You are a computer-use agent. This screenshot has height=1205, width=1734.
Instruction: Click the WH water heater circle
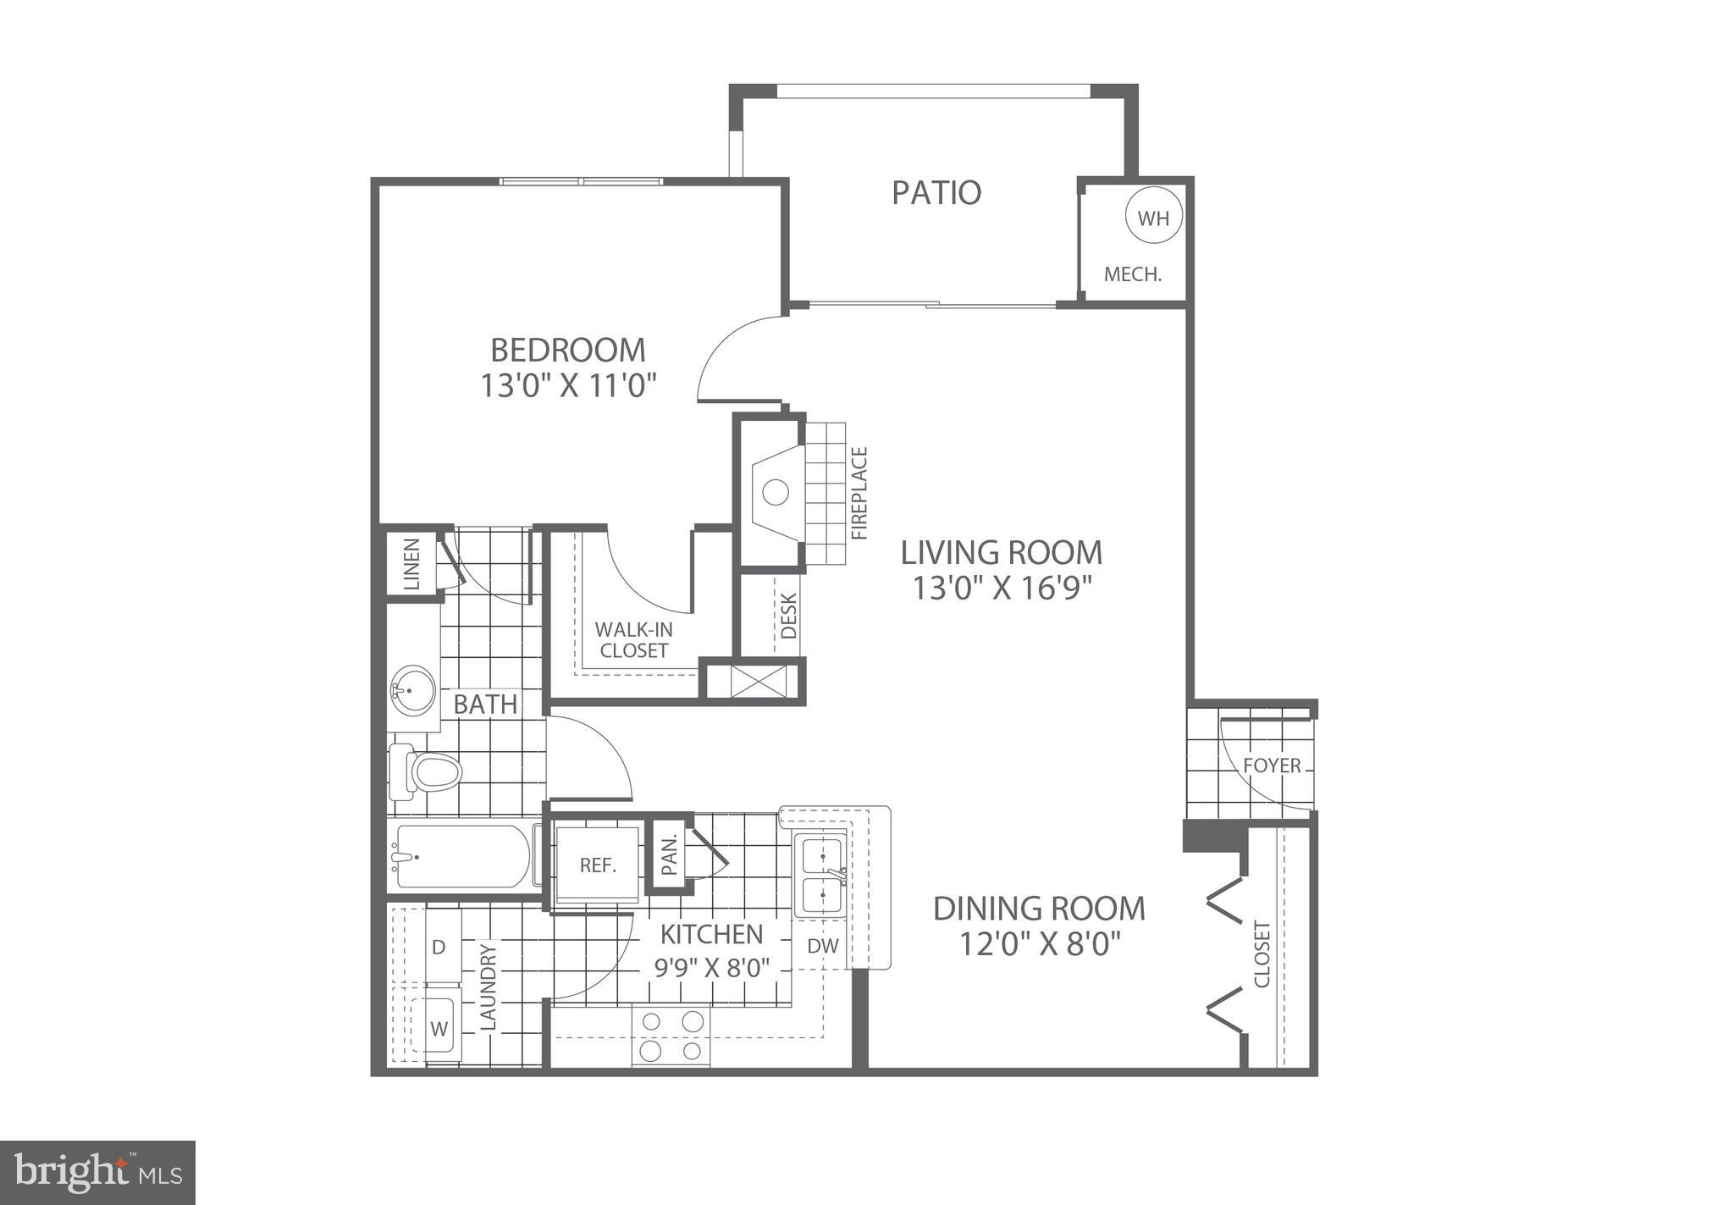pos(1152,218)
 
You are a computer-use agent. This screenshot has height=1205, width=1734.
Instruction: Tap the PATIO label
pos(936,193)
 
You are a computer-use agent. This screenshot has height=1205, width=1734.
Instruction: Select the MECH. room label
pos(1132,274)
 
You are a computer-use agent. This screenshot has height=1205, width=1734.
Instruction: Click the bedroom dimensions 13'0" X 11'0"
pos(569,386)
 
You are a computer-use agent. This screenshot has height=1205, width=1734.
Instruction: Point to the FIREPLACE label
pos(859,494)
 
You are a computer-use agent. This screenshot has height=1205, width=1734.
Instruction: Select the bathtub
pos(461,856)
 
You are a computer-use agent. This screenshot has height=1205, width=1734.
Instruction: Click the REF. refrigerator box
pos(597,865)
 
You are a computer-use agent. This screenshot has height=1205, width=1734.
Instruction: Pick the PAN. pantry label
pos(669,855)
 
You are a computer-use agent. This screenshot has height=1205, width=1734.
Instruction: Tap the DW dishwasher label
pos(822,946)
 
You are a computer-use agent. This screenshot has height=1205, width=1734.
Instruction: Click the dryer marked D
pos(439,946)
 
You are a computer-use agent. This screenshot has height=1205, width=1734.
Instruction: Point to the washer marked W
pos(439,1029)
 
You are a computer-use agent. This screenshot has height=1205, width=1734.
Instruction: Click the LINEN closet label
pos(412,564)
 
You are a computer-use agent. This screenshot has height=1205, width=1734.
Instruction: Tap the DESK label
pos(788,615)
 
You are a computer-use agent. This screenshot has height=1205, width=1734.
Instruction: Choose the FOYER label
pos(1272,766)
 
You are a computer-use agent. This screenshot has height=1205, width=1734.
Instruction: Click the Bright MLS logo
pos(98,1173)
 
